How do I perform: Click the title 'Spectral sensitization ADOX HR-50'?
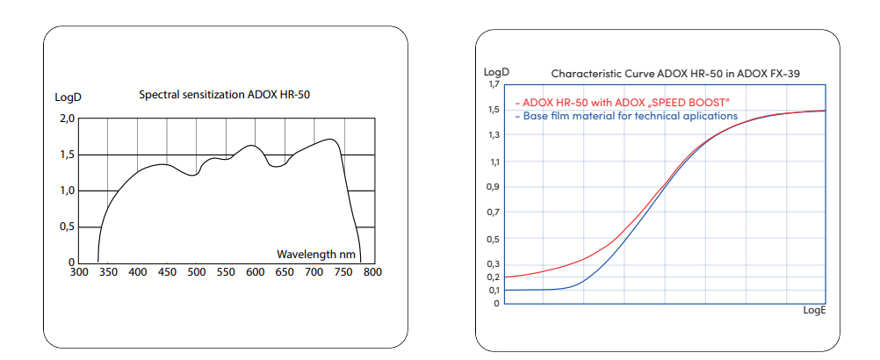pyautogui.click(x=224, y=93)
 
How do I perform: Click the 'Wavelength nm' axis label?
pyautogui.click(x=316, y=254)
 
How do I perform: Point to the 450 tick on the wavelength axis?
pyautogui.click(x=167, y=273)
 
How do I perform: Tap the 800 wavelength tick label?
pyautogui.click(x=372, y=273)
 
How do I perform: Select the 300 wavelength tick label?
pyautogui.click(x=78, y=273)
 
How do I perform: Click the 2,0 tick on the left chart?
pyautogui.click(x=67, y=119)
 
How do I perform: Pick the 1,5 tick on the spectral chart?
pyautogui.click(x=67, y=155)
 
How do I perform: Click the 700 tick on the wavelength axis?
pyautogui.click(x=314, y=273)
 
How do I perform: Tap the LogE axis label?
pyautogui.click(x=814, y=311)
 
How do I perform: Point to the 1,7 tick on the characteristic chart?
pyautogui.click(x=493, y=85)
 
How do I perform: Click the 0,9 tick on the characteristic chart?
pyautogui.click(x=493, y=186)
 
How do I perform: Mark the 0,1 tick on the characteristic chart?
pyautogui.click(x=493, y=290)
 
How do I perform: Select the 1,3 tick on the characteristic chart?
pyautogui.click(x=493, y=134)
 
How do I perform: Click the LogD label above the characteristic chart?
pyautogui.click(x=496, y=72)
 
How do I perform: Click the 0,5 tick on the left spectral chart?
pyautogui.click(x=67, y=227)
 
